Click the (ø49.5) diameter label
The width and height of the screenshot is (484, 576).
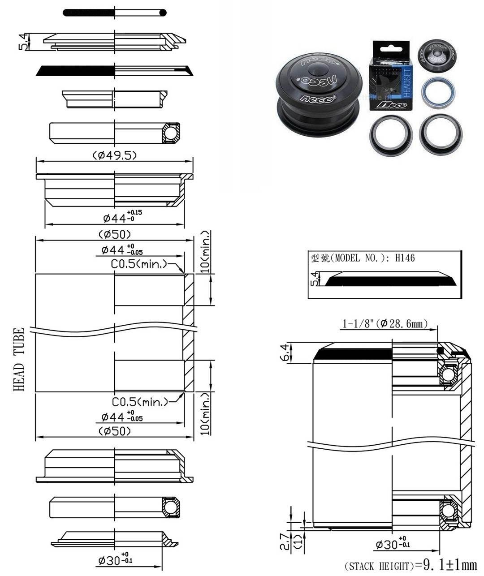pos(115,155)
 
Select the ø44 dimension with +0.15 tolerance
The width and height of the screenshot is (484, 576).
pos(122,217)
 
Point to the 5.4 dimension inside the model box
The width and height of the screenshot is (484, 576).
pos(315,278)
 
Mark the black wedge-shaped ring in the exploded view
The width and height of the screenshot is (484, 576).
pos(76,71)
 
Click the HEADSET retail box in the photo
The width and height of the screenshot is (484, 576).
pos(389,76)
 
